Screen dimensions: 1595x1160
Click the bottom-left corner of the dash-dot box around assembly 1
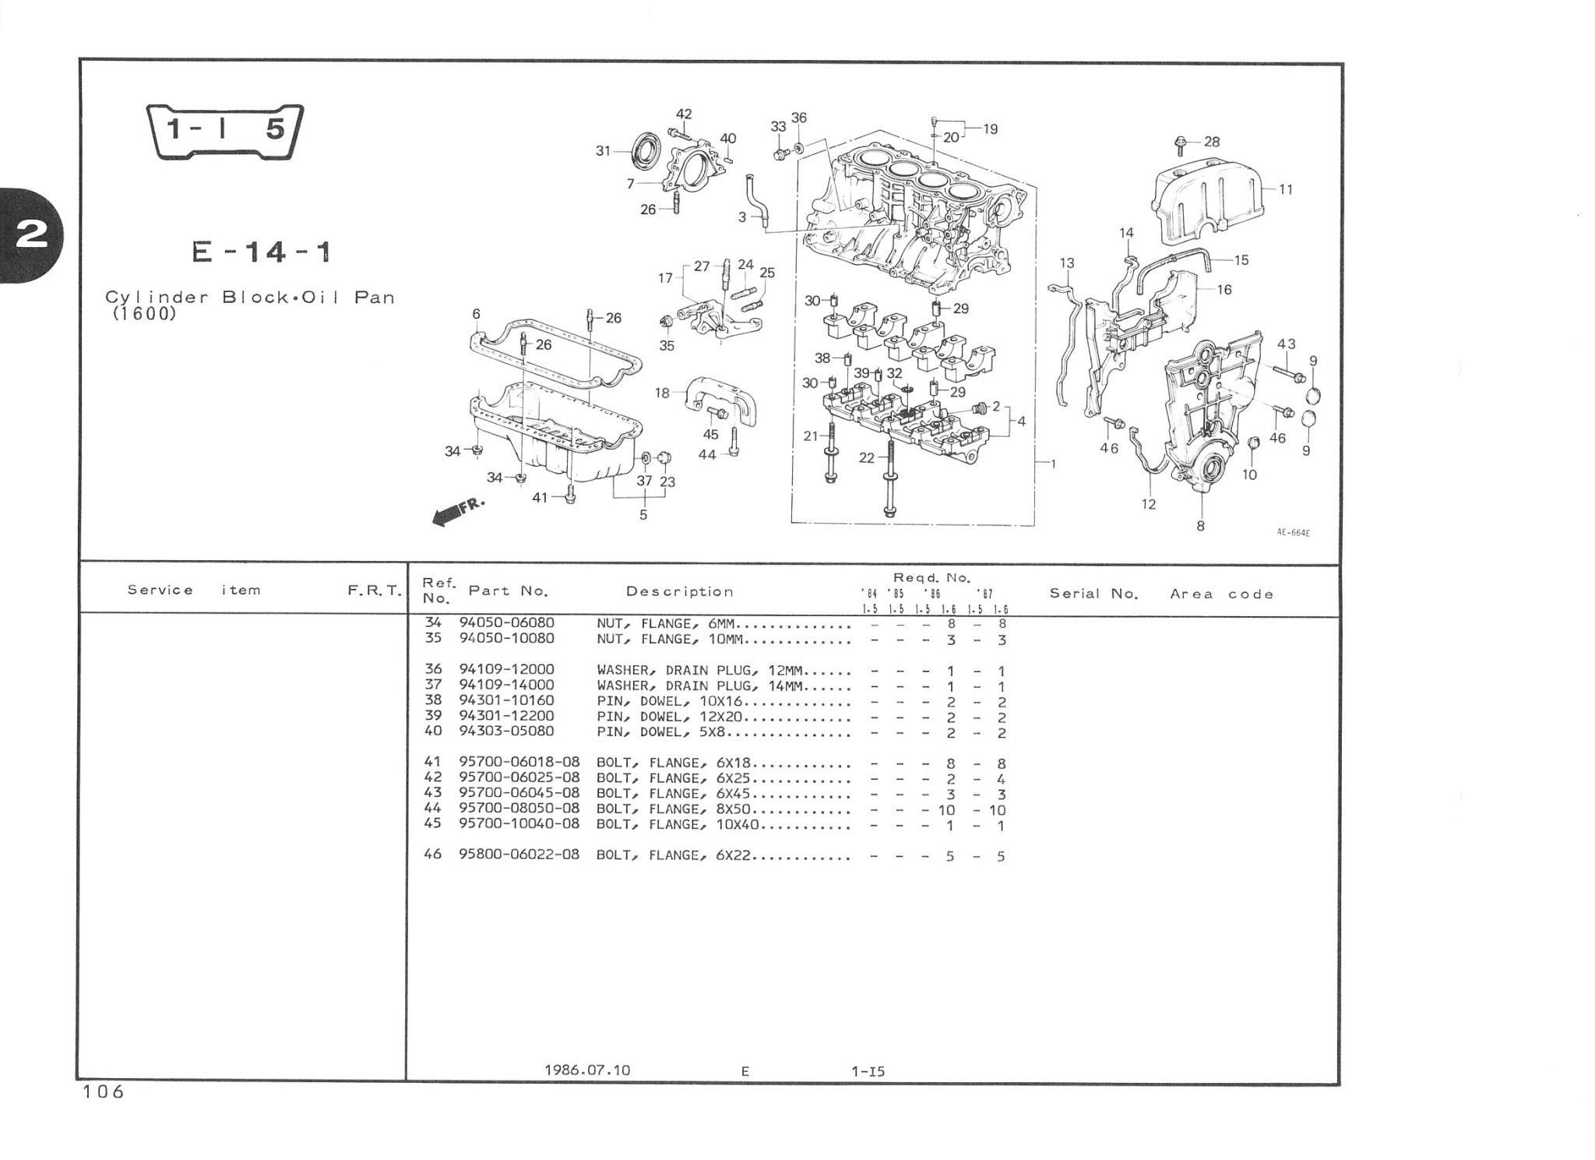click(x=792, y=522)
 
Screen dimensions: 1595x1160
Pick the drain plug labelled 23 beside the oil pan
click(x=664, y=457)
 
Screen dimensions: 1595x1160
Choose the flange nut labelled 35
click(x=667, y=322)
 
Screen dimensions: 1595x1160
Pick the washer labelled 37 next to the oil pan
click(x=646, y=457)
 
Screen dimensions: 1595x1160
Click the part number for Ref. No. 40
click(x=506, y=732)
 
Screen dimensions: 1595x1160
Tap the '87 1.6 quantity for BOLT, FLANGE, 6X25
click(x=1002, y=779)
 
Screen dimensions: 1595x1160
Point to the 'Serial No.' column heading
click(x=1093, y=594)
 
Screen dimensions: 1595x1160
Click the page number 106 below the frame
click(x=103, y=1092)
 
